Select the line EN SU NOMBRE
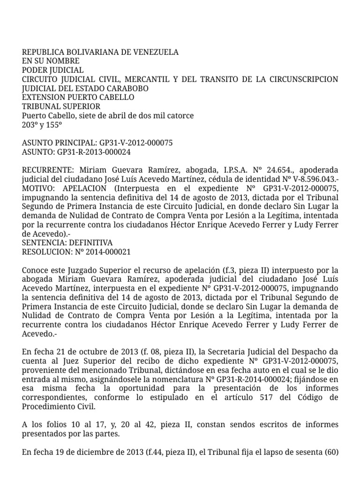(51, 61)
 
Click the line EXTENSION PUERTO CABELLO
(78, 97)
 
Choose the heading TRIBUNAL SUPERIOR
(61, 106)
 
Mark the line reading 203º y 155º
(42, 124)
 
